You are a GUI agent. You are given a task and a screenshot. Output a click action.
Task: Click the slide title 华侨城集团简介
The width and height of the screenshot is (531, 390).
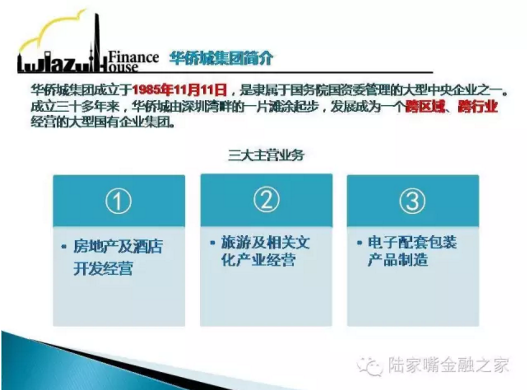[x=221, y=58]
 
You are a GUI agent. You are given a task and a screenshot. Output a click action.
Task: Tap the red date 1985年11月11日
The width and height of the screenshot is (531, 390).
[x=179, y=90]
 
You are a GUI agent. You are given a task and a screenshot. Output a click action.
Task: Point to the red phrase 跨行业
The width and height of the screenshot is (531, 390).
[x=478, y=106]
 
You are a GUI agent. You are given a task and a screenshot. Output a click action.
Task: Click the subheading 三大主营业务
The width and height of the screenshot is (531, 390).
[x=266, y=155]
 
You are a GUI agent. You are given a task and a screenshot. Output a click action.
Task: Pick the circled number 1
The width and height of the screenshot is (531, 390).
[x=118, y=201]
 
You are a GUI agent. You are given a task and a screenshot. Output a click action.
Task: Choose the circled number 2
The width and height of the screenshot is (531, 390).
[x=266, y=200]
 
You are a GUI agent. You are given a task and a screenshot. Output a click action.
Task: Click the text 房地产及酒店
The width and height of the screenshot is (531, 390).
[x=118, y=246]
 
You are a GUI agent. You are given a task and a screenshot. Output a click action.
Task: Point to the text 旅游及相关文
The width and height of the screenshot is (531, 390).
[x=265, y=243]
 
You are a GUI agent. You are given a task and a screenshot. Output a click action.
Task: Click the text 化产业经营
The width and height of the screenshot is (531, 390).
[x=258, y=260]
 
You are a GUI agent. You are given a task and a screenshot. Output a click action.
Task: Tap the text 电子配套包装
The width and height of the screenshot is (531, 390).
[x=413, y=243]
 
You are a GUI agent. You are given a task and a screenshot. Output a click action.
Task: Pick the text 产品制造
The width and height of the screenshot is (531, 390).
[x=398, y=260]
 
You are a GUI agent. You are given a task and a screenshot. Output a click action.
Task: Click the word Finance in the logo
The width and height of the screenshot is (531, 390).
[x=133, y=57]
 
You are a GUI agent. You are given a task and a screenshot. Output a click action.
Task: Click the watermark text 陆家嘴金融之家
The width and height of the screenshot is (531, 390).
[x=448, y=365]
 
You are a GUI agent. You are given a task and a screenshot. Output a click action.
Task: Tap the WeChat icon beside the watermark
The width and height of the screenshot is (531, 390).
[x=370, y=366]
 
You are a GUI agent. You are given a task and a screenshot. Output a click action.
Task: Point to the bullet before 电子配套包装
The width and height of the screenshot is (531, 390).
[x=359, y=243]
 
